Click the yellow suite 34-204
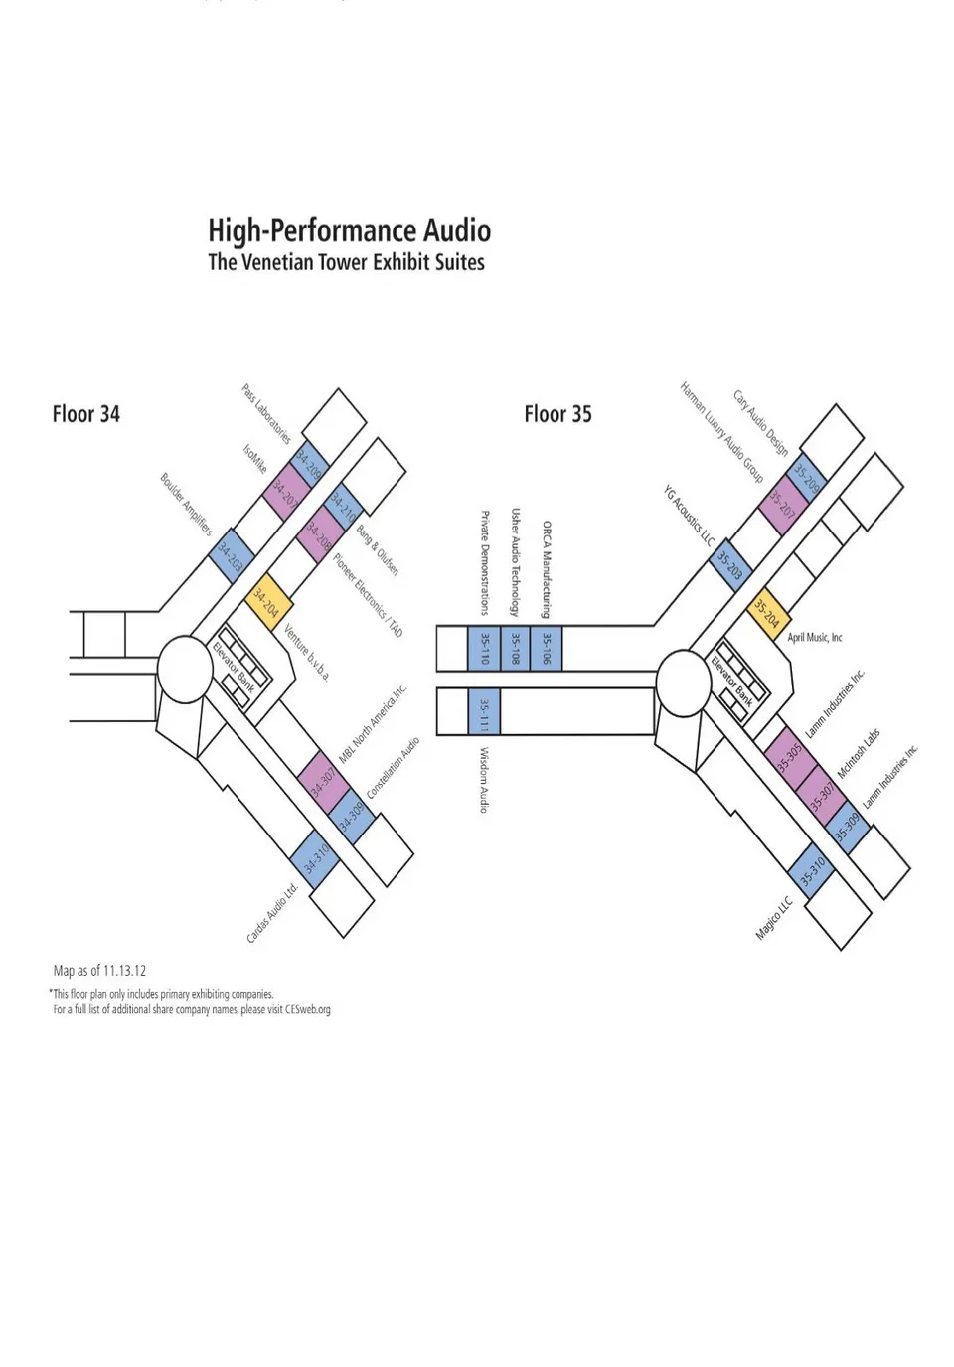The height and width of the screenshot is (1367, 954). coord(268,602)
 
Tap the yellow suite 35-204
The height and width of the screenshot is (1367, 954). coord(768,613)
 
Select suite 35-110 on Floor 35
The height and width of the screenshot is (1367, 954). coord(484,648)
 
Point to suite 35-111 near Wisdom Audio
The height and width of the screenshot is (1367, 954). coord(484,711)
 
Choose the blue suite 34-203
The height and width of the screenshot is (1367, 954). coord(231,557)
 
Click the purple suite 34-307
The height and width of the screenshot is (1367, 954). coord(322,780)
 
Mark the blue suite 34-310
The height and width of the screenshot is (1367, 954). coord(316,857)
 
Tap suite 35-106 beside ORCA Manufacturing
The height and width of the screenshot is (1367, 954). coord(546,648)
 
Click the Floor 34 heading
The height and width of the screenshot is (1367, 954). coord(86,414)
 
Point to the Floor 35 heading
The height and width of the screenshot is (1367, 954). coord(557,414)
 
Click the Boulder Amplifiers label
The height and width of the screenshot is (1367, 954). coord(186,505)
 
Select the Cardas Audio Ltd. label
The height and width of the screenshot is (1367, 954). coord(272,913)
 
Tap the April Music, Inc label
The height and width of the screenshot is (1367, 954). coord(815,638)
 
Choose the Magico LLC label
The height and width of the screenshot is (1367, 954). coord(774,919)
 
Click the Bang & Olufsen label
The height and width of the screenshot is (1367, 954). coord(378,550)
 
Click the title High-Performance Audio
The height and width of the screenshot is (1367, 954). coord(349,231)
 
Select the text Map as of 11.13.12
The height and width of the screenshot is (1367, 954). coord(99,971)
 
